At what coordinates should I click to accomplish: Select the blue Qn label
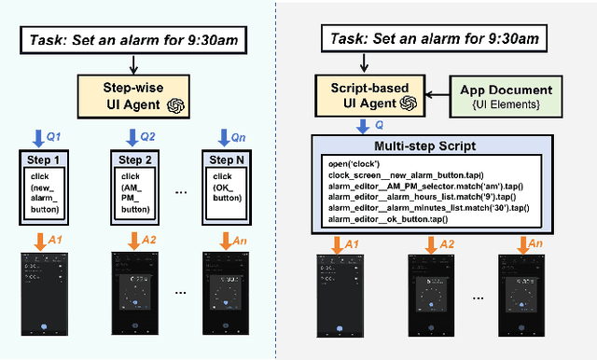tap(238, 138)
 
